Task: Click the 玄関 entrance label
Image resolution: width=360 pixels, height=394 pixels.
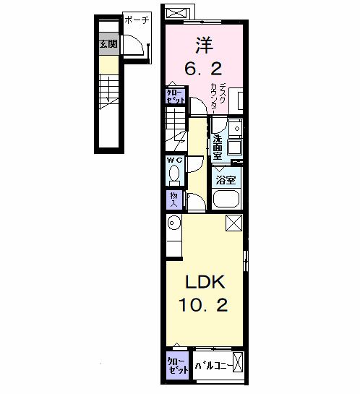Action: (x=108, y=45)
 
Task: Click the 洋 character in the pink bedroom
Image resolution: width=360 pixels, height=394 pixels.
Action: (x=203, y=45)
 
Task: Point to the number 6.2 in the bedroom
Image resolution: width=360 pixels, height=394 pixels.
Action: (x=203, y=70)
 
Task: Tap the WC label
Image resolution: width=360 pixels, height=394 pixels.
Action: (x=174, y=160)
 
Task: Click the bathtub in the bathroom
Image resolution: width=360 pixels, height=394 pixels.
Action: (x=227, y=199)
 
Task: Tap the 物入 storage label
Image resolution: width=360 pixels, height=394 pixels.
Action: (x=173, y=199)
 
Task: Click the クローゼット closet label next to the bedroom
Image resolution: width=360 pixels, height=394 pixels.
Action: (x=175, y=96)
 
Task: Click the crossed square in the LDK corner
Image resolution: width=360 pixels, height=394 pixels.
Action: (x=233, y=223)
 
